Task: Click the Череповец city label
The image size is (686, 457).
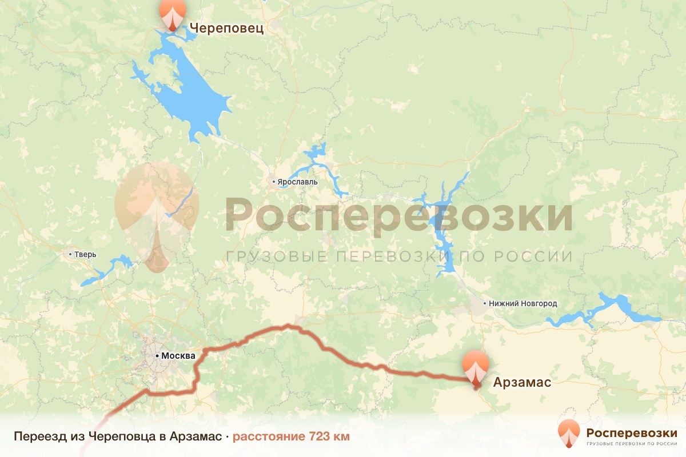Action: pyautogui.click(x=226, y=28)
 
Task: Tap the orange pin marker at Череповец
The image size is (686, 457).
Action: pyautogui.click(x=172, y=13)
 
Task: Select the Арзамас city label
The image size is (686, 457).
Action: pyautogui.click(x=522, y=382)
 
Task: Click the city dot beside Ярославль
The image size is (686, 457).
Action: pyautogui.click(x=274, y=182)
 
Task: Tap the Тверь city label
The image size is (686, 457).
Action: pyautogui.click(x=86, y=254)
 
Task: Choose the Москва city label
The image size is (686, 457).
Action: pyautogui.click(x=178, y=356)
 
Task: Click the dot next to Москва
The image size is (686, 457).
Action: pyautogui.click(x=157, y=356)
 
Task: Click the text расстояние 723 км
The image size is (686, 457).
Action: pyautogui.click(x=291, y=437)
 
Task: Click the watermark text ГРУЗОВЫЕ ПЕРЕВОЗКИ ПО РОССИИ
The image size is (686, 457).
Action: pyautogui.click(x=398, y=256)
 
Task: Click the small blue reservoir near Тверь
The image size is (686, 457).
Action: pyautogui.click(x=109, y=270)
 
